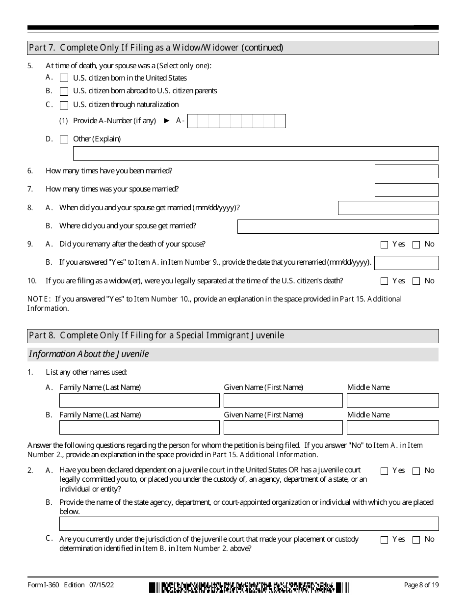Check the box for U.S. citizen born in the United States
point(64,78)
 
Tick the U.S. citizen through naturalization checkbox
point(64,105)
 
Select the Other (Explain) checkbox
point(64,139)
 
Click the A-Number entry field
point(236,121)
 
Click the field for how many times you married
point(406,171)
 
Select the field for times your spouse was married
point(406,190)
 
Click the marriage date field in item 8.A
point(388,208)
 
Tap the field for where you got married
point(338,226)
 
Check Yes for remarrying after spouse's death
point(384,245)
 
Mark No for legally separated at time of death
point(416,281)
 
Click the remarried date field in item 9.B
point(406,263)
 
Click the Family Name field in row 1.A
point(139,400)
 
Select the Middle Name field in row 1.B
point(392,428)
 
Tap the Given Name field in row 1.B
point(283,428)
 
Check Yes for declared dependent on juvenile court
point(384,471)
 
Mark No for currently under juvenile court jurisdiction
point(416,540)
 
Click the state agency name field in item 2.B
point(249,523)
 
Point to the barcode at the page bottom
point(249,587)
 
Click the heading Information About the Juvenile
point(89,354)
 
